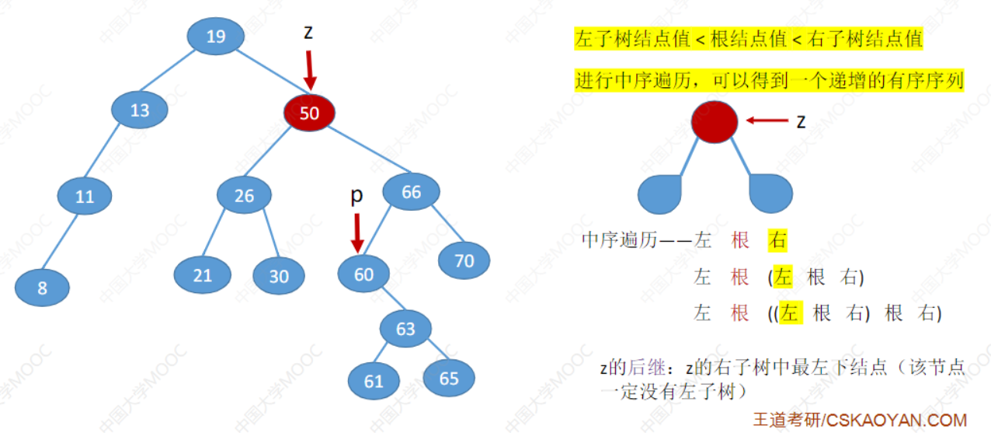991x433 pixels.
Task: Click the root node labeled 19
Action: coord(216,36)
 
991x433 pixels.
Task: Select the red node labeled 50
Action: coord(309,113)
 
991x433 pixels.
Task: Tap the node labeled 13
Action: coord(140,110)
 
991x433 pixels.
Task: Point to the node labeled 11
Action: coord(85,197)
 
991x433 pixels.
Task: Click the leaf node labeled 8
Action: coord(42,288)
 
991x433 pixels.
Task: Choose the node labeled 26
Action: coord(244,196)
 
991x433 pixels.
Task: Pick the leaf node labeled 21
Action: coord(201,276)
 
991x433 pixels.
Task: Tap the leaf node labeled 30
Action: coord(279,277)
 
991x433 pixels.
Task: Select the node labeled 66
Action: coord(411,191)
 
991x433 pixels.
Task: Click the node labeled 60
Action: coord(363,274)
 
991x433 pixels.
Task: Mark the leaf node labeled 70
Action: coord(464,261)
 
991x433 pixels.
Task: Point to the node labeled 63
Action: coord(405,329)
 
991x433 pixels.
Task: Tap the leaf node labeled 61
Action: coord(374,381)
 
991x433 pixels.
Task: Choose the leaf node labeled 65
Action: coord(449,379)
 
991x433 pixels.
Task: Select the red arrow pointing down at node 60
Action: coord(357,232)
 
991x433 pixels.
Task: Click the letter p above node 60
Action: coord(356,197)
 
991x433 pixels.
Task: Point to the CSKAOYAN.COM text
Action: coord(895,420)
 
